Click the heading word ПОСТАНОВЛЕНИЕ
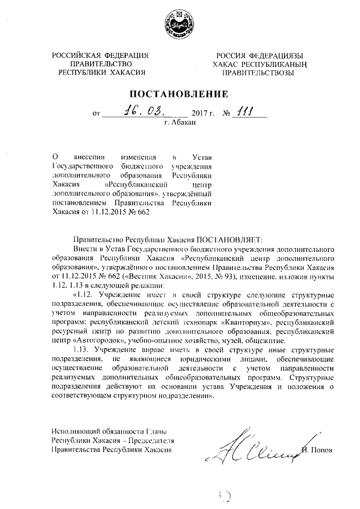point(179,93)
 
